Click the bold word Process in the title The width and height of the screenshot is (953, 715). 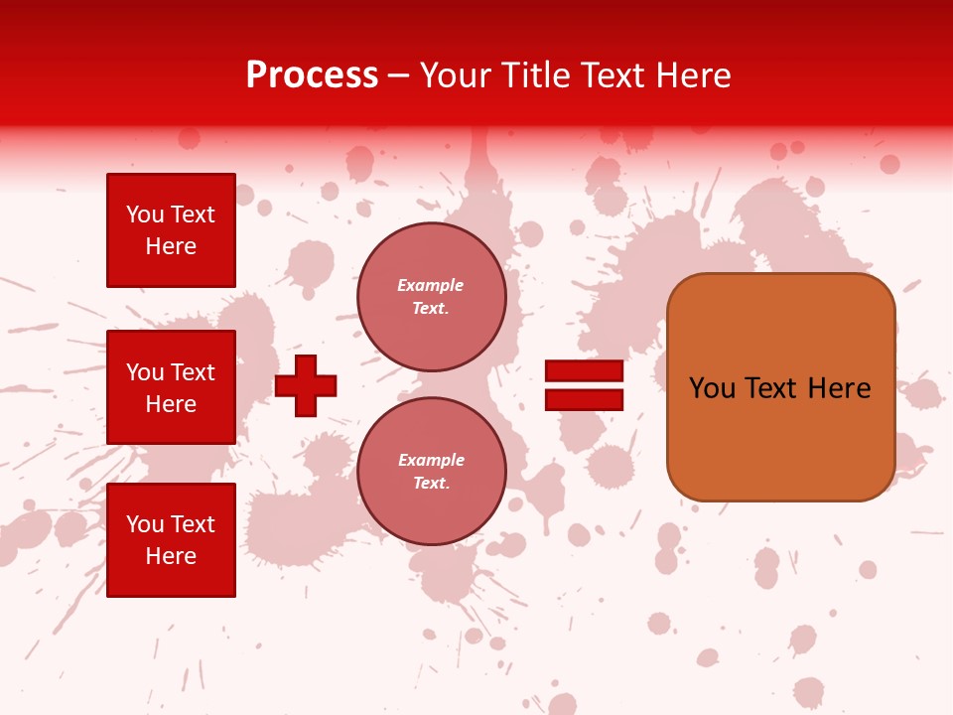[x=312, y=75]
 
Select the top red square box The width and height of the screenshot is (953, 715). [x=171, y=230]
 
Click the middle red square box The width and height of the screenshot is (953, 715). [x=171, y=387]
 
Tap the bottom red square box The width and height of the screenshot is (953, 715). [x=171, y=540]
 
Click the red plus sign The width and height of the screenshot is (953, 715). [x=306, y=385]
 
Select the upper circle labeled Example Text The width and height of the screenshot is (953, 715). [x=432, y=297]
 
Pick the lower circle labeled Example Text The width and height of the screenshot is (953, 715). [x=432, y=472]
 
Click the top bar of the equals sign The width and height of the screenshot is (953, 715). [x=584, y=371]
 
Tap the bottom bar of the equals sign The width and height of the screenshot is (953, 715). [x=584, y=400]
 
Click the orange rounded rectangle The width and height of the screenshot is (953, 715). [x=781, y=437]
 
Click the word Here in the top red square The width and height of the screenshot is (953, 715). [x=171, y=246]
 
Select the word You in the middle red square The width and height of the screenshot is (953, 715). [x=145, y=372]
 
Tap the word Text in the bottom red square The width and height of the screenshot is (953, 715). [x=193, y=524]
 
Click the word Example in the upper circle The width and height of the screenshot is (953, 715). [x=431, y=285]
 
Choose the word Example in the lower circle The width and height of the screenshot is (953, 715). [x=431, y=460]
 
